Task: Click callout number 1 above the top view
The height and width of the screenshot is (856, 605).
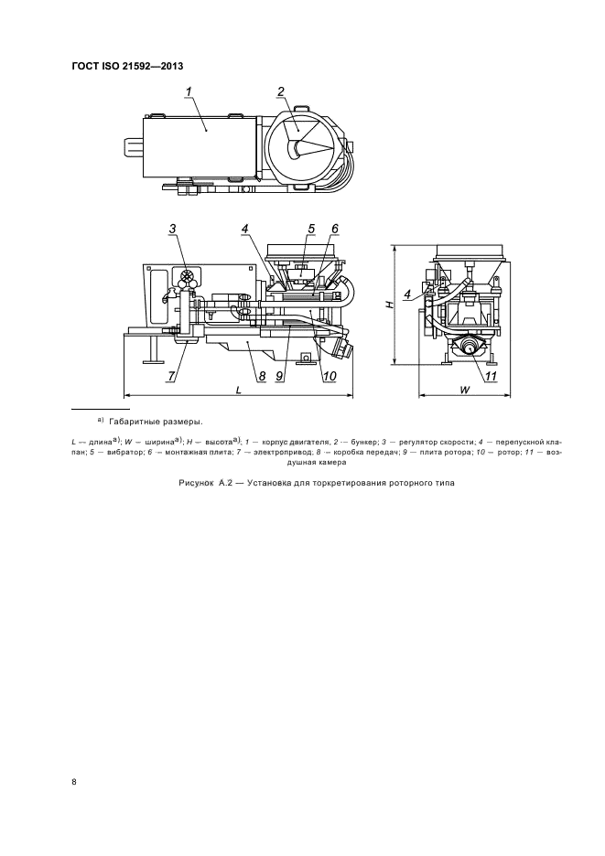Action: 189,92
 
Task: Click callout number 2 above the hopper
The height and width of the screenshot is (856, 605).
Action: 281,91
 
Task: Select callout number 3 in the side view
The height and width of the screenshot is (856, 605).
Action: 173,230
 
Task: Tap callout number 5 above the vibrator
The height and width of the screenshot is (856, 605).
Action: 311,230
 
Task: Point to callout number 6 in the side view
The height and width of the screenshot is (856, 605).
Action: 335,230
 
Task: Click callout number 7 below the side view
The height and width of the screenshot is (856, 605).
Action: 171,376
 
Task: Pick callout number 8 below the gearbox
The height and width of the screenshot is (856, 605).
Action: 261,376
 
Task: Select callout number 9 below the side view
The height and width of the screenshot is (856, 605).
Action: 278,376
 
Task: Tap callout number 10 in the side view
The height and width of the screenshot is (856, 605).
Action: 330,376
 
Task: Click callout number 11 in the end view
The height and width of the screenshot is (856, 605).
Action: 491,376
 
